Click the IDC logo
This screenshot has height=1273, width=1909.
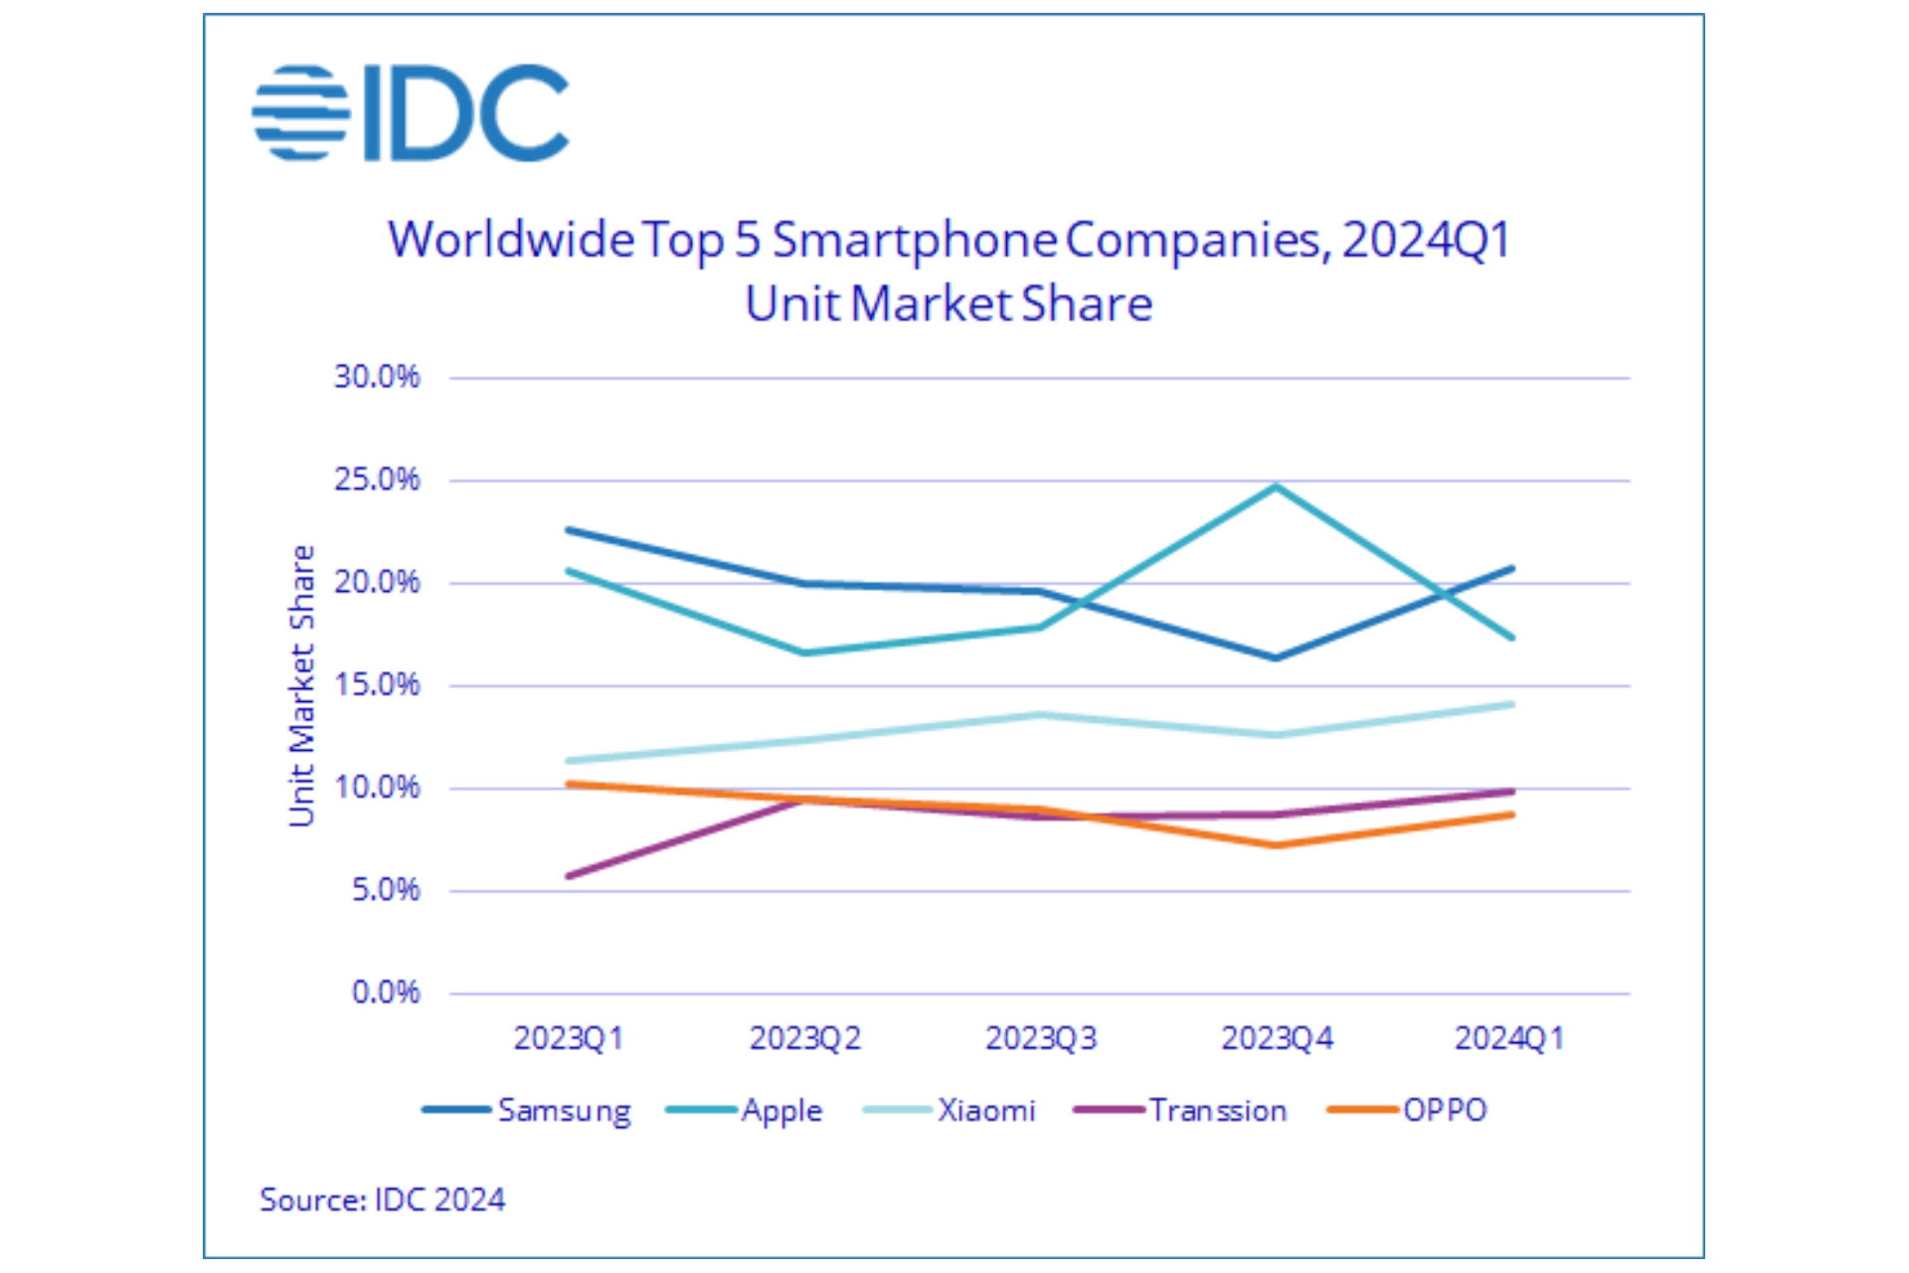pos(410,112)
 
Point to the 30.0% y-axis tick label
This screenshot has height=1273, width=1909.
pos(377,377)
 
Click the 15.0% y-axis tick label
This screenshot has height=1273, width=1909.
pos(377,684)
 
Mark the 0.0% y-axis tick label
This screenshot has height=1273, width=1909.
pos(386,993)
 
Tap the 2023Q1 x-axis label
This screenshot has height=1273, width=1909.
pos(568,1038)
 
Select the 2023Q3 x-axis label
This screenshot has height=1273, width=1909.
pos(1040,1038)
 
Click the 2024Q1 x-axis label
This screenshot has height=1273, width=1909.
pos(1509,1038)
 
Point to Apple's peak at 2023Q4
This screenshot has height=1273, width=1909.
pos(1277,486)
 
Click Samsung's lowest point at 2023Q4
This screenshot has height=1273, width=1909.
pos(1277,657)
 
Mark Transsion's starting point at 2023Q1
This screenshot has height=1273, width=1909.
pos(568,876)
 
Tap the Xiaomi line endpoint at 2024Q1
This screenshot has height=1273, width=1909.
pos(1511,704)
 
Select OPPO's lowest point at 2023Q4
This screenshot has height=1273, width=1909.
pos(1277,845)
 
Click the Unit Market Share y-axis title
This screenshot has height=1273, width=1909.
pos(302,685)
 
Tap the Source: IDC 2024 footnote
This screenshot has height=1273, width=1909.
pos(382,1199)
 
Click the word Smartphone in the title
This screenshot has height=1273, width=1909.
pos(915,240)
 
